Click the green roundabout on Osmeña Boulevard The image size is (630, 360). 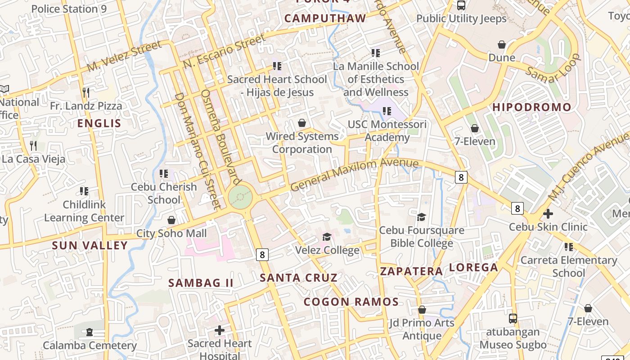[240, 197]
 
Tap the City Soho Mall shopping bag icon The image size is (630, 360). [171, 220]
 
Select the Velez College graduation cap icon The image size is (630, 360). [327, 237]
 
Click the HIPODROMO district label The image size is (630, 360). [532, 108]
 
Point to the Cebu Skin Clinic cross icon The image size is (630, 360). [548, 214]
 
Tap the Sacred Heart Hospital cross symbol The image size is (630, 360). [220, 330]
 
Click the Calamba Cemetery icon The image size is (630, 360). [90, 333]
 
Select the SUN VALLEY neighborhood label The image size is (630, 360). [90, 246]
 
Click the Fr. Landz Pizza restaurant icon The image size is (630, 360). [86, 93]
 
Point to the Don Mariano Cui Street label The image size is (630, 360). [198, 151]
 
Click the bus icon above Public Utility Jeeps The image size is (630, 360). [461, 5]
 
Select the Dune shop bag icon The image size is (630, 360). [502, 45]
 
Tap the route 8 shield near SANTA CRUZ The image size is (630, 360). [262, 255]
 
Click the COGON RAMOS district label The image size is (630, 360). [351, 302]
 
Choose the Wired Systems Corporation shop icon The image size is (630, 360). [302, 123]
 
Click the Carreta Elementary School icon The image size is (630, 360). [569, 247]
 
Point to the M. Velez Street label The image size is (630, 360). [124, 56]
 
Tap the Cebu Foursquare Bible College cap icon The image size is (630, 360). [422, 217]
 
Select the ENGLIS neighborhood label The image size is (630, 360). [99, 124]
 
